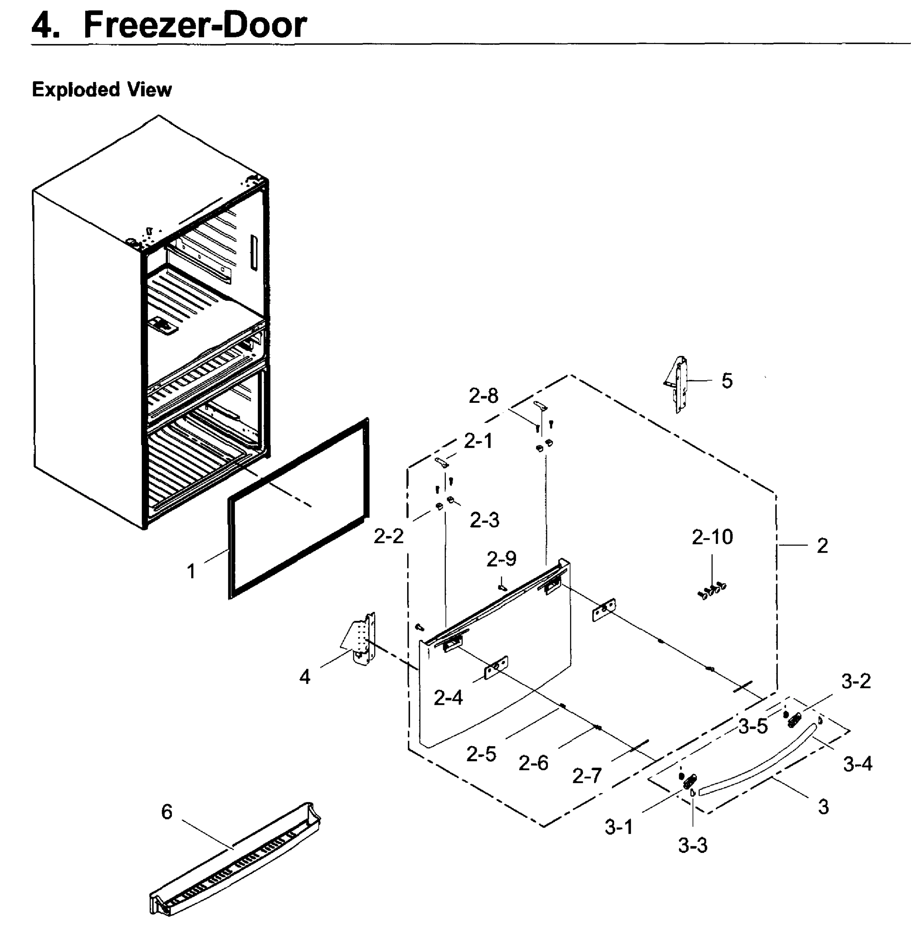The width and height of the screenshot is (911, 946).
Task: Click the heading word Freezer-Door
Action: point(195,25)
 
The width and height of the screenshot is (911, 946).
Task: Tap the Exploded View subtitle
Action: point(101,90)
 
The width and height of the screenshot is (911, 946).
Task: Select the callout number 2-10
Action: point(712,537)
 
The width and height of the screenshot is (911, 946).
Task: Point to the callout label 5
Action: point(727,381)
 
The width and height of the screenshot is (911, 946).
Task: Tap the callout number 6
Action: point(167,812)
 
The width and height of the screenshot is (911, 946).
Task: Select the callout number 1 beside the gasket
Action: point(191,572)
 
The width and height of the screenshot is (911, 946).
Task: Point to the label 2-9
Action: point(501,559)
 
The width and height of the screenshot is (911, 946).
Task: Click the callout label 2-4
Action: point(448,697)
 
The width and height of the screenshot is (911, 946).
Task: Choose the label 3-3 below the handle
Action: point(692,845)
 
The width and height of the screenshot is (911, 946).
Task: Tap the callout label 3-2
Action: point(856,681)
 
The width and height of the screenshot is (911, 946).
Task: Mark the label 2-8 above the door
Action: point(483,396)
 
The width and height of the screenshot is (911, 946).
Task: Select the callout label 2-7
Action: point(587,776)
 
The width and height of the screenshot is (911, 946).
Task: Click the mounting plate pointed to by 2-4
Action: point(496,667)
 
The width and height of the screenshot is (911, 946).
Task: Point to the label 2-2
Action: point(388,536)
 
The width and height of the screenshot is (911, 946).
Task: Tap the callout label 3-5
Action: point(753,726)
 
